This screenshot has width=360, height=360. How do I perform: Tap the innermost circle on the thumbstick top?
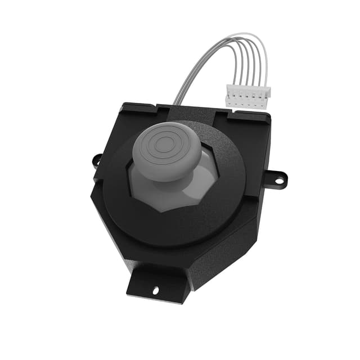(x=165, y=143)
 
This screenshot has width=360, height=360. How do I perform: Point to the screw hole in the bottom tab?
(x=156, y=290)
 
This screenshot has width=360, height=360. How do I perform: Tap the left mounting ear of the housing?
(x=97, y=161)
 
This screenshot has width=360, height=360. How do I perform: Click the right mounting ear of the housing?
(x=276, y=179)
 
